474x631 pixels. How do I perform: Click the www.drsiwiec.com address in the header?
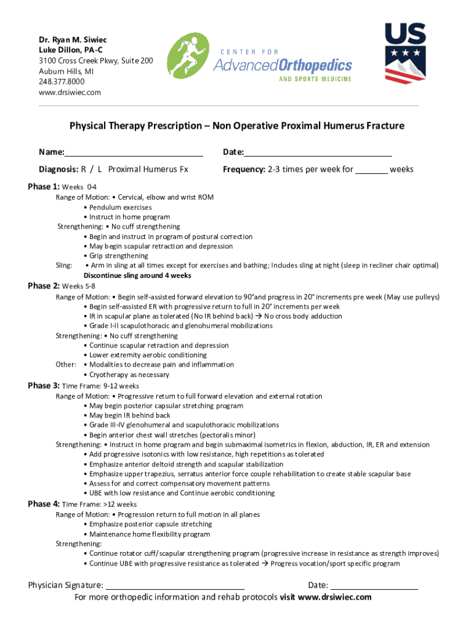tap(70, 92)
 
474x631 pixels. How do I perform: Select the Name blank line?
tap(134, 152)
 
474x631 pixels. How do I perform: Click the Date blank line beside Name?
tap(318, 152)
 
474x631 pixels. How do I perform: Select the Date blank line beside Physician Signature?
tap(374, 585)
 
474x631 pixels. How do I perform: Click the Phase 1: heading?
tap(44, 187)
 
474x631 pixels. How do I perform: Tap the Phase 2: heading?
tap(44, 286)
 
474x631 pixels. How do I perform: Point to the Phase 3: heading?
tap(44, 386)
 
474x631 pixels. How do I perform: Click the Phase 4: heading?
tap(44, 504)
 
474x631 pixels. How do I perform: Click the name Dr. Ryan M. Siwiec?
tap(68, 39)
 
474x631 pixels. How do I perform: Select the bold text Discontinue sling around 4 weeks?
tap(137, 275)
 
